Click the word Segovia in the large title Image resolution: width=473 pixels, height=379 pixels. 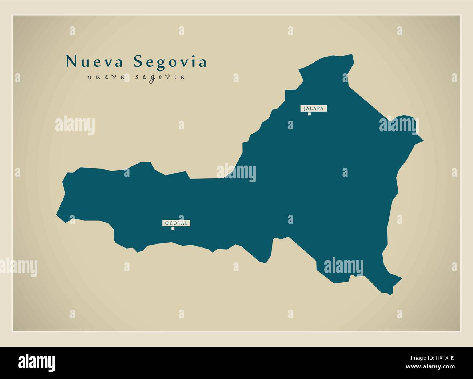pyautogui.click(x=170, y=62)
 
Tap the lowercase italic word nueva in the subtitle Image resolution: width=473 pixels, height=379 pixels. pyautogui.click(x=105, y=77)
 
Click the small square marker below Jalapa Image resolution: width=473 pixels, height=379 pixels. pyautogui.click(x=309, y=114)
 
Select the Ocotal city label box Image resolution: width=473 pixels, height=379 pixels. pyautogui.click(x=176, y=223)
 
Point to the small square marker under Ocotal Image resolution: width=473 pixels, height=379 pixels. pyautogui.click(x=173, y=229)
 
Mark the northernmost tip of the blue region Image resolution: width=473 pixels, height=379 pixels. pyautogui.click(x=352, y=55)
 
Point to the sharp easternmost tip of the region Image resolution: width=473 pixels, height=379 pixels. pyautogui.click(x=423, y=140)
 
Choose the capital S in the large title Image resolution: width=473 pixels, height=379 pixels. pyautogui.click(x=138, y=62)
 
